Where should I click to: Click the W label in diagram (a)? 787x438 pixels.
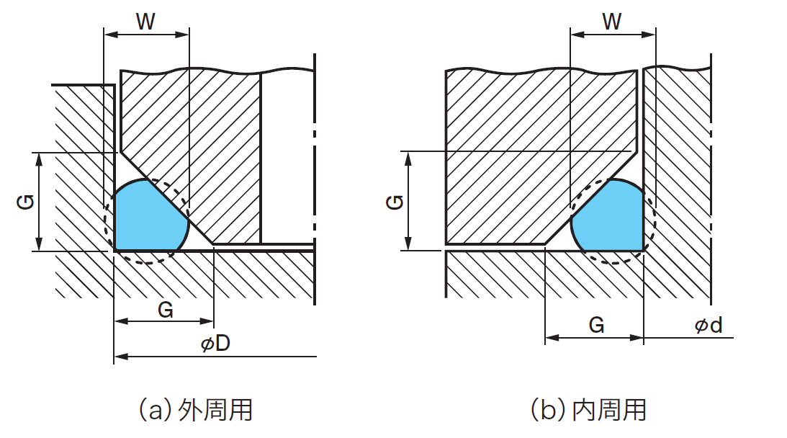(x=146, y=22)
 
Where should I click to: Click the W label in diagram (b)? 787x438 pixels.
(x=612, y=22)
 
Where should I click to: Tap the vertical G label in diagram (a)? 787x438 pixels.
(x=24, y=202)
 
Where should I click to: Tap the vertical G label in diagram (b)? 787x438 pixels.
(x=394, y=202)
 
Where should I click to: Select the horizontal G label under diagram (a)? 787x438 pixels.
(x=165, y=310)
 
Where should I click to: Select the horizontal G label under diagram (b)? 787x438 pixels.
(x=596, y=326)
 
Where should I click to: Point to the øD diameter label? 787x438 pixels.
(x=215, y=344)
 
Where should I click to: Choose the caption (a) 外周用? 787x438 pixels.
(x=194, y=410)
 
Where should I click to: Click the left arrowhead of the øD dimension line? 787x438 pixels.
(x=120, y=356)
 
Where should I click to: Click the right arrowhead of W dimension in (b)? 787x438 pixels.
(x=650, y=33)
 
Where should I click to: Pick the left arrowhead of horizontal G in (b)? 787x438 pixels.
(x=551, y=337)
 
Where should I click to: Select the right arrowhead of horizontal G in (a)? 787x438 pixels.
(x=210, y=321)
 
